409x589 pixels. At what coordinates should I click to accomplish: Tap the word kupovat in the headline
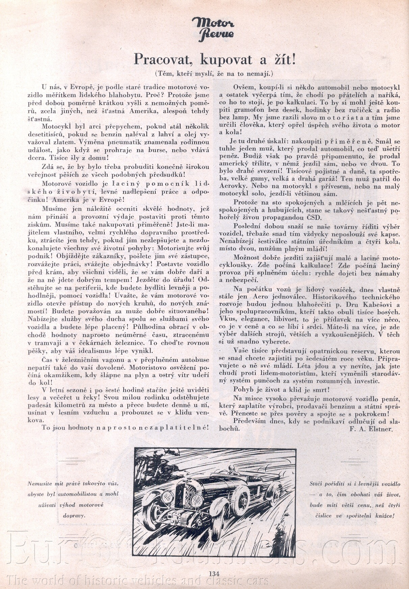tap(226, 60)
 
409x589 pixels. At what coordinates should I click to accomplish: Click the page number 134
tap(214, 573)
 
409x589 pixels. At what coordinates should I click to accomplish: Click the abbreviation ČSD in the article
tap(314, 218)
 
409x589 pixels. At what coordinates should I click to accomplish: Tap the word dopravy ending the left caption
tap(74, 516)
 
